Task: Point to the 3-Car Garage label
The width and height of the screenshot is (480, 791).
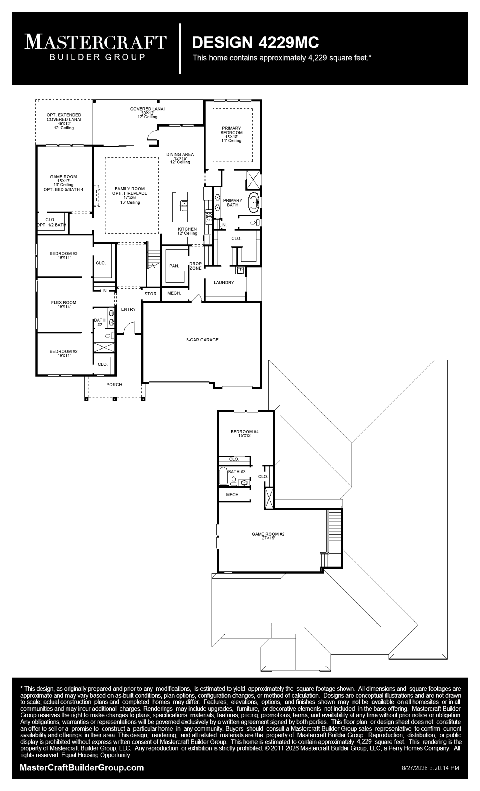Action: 202,340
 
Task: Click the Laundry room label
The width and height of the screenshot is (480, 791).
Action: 224,282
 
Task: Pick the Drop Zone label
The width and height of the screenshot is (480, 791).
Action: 195,266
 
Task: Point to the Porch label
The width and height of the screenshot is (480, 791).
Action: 114,385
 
